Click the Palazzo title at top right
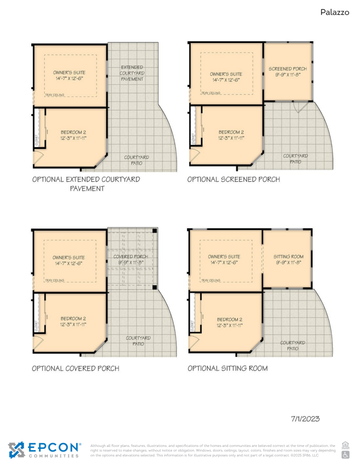(334, 13)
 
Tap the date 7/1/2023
(305, 419)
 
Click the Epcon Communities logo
(45, 450)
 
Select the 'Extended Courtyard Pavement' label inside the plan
(132, 73)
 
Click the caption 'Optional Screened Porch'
(234, 179)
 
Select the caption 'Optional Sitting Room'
(228, 368)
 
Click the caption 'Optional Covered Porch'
(76, 368)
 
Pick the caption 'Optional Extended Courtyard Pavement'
(86, 184)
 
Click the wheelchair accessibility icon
(346, 454)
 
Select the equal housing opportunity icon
(346, 445)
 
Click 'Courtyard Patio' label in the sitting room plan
(292, 345)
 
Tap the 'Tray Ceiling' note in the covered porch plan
(55, 281)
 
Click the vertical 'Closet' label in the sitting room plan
(193, 325)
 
